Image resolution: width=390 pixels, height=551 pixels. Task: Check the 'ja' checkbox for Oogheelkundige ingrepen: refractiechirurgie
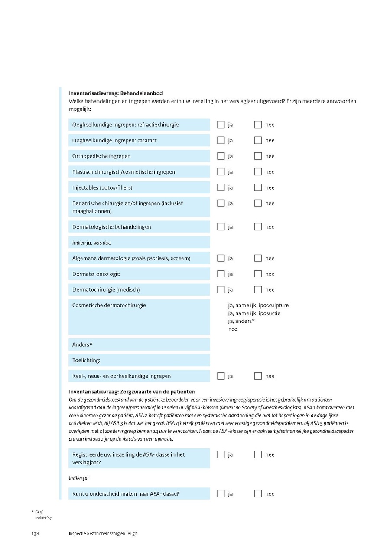(x=221, y=125)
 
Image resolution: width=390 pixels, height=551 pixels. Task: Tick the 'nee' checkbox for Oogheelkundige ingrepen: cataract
(x=258, y=140)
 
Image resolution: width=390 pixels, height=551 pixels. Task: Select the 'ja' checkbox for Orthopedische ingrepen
(x=221, y=156)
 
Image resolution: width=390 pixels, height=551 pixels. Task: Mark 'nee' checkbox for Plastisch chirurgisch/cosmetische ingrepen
(x=258, y=172)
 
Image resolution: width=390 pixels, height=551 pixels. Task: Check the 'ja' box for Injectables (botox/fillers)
(x=221, y=187)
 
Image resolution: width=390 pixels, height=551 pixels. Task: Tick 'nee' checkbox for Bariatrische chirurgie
(x=258, y=203)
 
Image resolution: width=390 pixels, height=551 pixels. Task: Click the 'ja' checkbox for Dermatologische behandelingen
(x=221, y=227)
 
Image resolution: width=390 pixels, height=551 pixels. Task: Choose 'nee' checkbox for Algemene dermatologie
(x=258, y=258)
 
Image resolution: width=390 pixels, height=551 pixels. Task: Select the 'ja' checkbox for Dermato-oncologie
(x=221, y=274)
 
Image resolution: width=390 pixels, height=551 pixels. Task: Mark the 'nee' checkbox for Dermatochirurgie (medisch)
(x=258, y=290)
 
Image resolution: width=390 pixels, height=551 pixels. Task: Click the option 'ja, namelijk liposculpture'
(x=258, y=306)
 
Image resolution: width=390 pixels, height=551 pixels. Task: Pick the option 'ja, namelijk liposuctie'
(x=254, y=313)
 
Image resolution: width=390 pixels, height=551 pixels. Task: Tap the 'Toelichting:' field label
(x=86, y=361)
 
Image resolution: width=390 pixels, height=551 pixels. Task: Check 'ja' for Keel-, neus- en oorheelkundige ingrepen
(x=221, y=376)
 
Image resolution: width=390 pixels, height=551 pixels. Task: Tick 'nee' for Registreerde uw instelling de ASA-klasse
(x=258, y=454)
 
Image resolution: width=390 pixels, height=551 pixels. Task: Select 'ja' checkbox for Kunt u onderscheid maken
(x=221, y=494)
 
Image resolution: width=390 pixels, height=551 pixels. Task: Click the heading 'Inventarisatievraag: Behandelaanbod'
(x=116, y=93)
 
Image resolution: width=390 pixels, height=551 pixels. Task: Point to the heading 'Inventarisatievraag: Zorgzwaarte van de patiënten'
(x=132, y=392)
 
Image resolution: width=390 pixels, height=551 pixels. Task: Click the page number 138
(x=35, y=533)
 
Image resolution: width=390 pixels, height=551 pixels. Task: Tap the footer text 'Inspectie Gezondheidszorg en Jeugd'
(x=103, y=533)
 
